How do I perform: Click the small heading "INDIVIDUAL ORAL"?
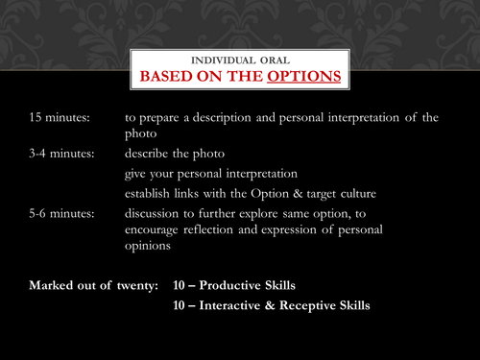240,56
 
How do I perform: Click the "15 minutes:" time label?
60,118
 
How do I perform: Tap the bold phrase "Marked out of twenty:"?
93,286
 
